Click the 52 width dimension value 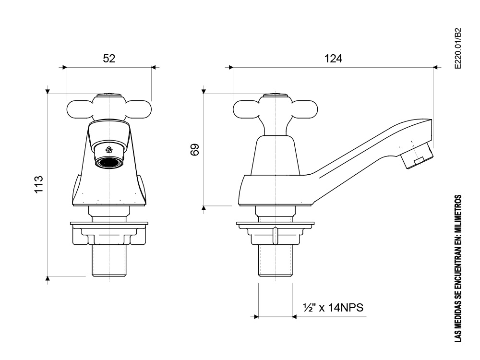(x=109, y=58)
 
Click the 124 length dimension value (x=333, y=58)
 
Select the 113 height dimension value (x=38, y=184)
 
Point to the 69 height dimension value (x=195, y=150)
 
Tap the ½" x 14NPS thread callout (x=333, y=307)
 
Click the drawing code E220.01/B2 (x=457, y=48)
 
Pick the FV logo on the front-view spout (x=109, y=150)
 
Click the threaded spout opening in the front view (x=108, y=162)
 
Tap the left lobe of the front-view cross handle (x=79, y=109)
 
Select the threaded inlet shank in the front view (x=109, y=261)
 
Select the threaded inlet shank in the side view (x=275, y=261)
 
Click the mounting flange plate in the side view (x=275, y=224)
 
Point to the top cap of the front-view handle (x=109, y=95)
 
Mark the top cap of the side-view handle (x=275, y=95)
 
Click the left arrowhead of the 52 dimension (x=65, y=67)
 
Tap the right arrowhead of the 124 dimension (x=436, y=67)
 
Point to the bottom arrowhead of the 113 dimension (x=48, y=278)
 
